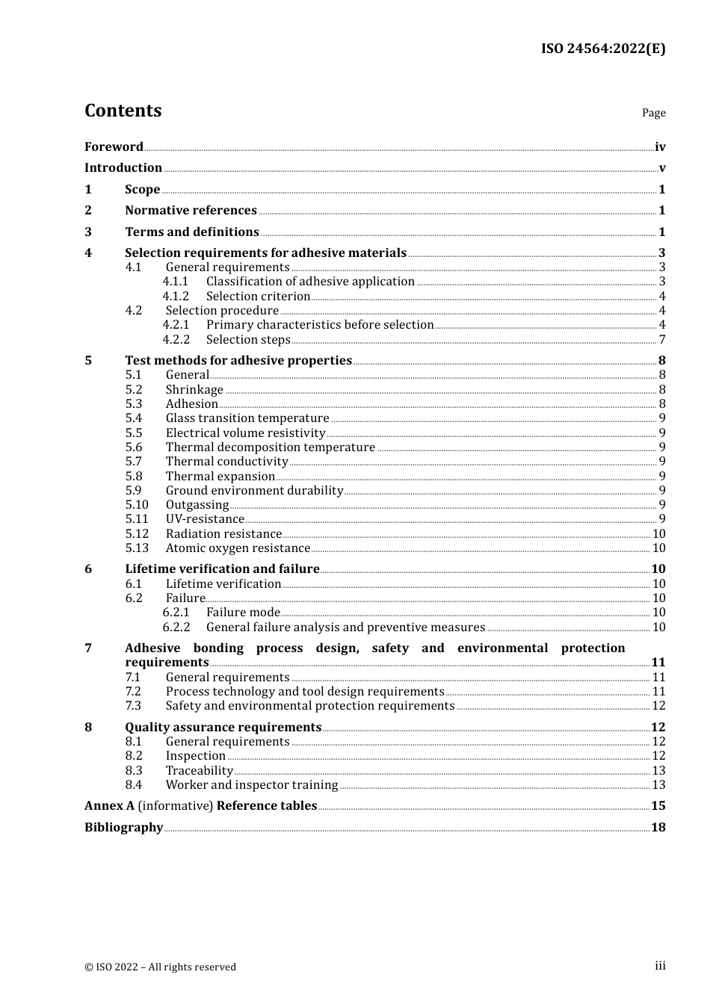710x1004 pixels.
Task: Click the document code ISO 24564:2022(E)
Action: (602, 49)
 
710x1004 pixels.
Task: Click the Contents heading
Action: (123, 111)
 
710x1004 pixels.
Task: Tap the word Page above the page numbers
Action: (653, 113)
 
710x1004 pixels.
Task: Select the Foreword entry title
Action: (114, 147)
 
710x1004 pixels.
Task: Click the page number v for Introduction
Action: (661, 168)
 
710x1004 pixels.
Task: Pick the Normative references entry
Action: (191, 211)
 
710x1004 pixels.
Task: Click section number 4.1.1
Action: (176, 282)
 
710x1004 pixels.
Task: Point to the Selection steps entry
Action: (248, 340)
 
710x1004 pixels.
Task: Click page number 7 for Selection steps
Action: (661, 340)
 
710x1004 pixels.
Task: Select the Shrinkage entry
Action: (194, 390)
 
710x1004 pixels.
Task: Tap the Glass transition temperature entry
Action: (247, 418)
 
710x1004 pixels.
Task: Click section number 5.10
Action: (137, 505)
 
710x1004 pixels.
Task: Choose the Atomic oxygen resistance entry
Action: (238, 548)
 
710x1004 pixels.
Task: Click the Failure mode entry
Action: (243, 613)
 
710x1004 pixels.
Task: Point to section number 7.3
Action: (133, 706)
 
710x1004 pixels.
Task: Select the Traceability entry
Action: (200, 771)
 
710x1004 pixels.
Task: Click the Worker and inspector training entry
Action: (252, 785)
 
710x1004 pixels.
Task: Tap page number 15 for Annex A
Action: (658, 806)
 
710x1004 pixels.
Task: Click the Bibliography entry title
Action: (123, 828)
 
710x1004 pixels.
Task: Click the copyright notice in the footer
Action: (160, 967)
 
